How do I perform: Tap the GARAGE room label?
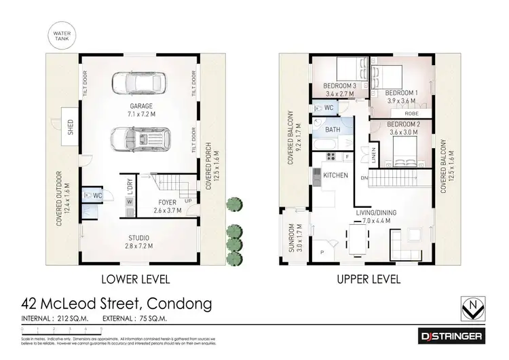click(143, 106)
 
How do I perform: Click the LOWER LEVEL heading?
click(135, 279)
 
